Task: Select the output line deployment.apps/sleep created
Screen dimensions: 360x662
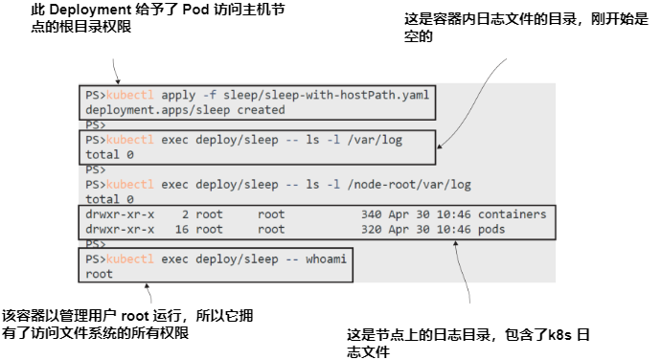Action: click(x=163, y=109)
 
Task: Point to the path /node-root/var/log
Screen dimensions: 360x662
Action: click(x=410, y=184)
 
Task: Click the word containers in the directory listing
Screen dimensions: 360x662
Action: click(x=512, y=214)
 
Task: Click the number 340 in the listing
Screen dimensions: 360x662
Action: click(x=373, y=214)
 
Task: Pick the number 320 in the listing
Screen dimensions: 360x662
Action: click(x=373, y=230)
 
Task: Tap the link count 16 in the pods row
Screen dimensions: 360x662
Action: click(x=182, y=230)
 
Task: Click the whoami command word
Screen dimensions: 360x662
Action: click(x=322, y=259)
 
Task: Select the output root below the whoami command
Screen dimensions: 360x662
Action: click(x=99, y=274)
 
